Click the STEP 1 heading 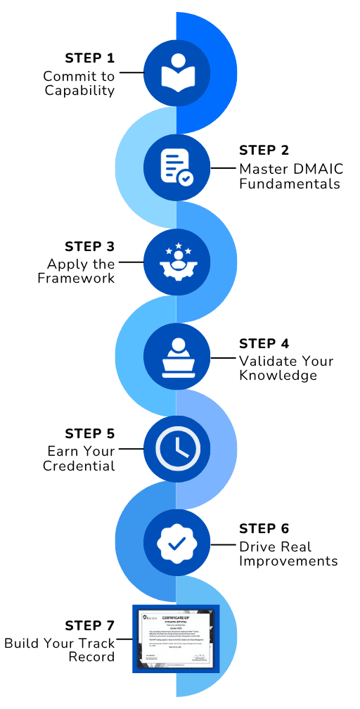(89, 58)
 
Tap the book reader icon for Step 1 (176, 72)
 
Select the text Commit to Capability (79, 83)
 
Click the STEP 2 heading (264, 151)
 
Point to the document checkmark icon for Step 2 (176, 167)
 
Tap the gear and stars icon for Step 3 (176, 261)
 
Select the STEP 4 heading (264, 343)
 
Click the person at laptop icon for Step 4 (176, 357)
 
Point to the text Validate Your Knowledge (286, 369)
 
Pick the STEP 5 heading (89, 434)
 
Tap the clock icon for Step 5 (176, 447)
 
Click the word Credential (79, 466)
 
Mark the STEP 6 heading (264, 529)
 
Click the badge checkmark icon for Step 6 (176, 542)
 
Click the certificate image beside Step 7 (176, 638)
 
